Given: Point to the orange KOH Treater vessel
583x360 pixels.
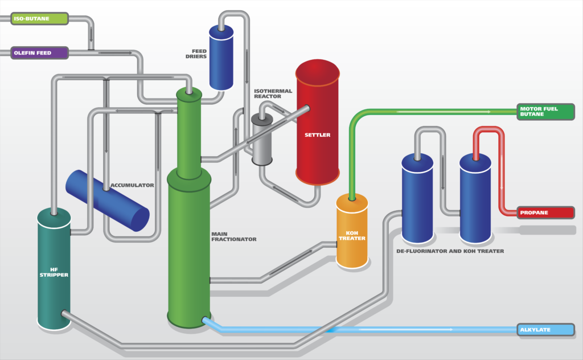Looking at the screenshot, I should pyautogui.click(x=352, y=231).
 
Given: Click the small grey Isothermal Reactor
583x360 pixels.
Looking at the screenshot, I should pyautogui.click(x=262, y=140).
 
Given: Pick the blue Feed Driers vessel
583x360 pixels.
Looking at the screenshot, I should pyautogui.click(x=221, y=57).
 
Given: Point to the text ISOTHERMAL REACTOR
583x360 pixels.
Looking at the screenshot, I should pyautogui.click(x=273, y=93).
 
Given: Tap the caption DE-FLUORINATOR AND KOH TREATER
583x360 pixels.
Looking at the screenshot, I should pyautogui.click(x=450, y=251).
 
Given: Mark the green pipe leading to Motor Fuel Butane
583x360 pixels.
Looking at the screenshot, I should pyautogui.click(x=433, y=111).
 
